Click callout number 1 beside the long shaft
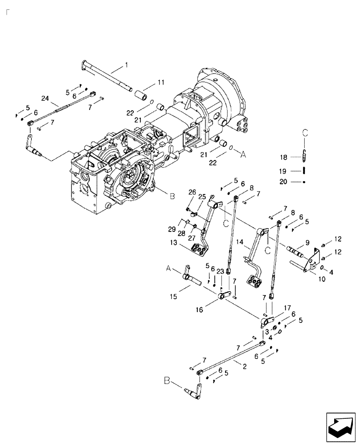tap(126, 65)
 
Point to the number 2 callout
tap(245, 365)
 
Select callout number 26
tap(192, 192)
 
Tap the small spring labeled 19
tap(304, 170)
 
